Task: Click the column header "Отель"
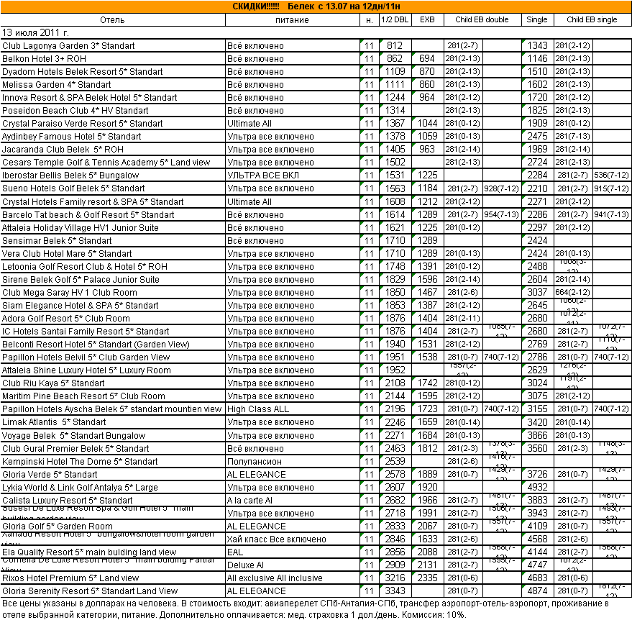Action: point(113,19)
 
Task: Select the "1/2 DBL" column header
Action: point(395,19)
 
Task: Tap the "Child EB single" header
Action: point(592,19)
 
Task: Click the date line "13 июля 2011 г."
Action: point(36,32)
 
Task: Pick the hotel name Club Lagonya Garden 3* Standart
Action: point(68,46)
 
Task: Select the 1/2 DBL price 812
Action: point(395,46)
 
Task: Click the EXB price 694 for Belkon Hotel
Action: point(427,59)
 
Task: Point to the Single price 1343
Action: point(537,46)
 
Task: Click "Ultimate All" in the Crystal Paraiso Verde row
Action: point(249,124)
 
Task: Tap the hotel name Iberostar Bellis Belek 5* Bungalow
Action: point(70,176)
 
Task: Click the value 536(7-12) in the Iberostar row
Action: point(612,176)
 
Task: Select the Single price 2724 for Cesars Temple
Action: point(537,163)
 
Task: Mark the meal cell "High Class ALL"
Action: point(258,409)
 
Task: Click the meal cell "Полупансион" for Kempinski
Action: point(255,461)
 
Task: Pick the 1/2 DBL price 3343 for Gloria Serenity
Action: point(395,591)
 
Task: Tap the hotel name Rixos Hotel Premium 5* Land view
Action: point(70,578)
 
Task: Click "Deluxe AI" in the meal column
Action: point(247,565)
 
